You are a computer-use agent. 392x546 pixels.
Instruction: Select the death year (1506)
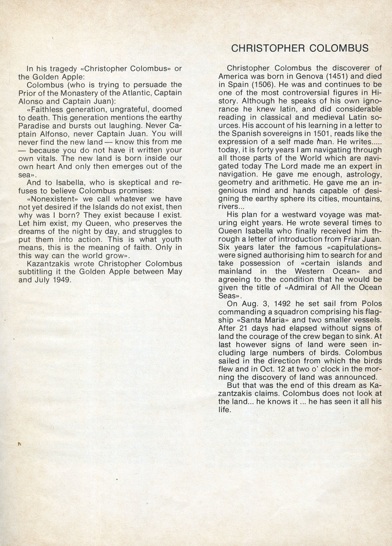tap(259, 85)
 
